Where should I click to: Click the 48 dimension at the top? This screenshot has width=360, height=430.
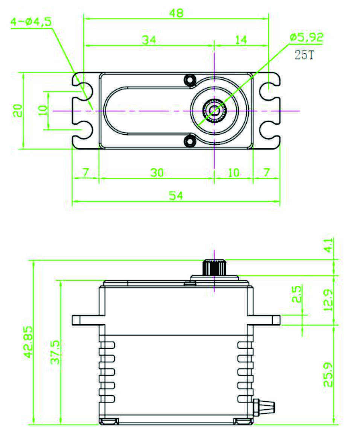(x=176, y=13)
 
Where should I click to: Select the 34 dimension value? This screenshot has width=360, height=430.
(x=149, y=40)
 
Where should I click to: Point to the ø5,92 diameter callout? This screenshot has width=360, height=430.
(x=306, y=37)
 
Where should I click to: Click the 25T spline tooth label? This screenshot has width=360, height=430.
(x=304, y=56)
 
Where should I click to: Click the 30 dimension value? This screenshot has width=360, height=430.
(x=157, y=172)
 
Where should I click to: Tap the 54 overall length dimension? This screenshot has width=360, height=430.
(x=175, y=196)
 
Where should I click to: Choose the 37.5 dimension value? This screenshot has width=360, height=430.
(x=55, y=352)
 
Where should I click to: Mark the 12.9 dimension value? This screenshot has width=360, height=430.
(x=328, y=299)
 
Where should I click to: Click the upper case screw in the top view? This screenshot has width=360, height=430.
(x=189, y=80)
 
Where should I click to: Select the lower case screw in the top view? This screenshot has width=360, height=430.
(x=189, y=141)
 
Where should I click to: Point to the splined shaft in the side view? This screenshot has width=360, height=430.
(x=214, y=267)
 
